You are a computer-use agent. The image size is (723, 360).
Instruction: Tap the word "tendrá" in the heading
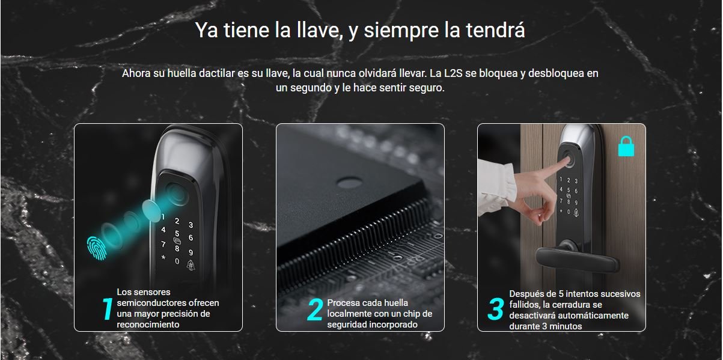point(495,30)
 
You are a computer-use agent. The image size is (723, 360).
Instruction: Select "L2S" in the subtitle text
point(453,73)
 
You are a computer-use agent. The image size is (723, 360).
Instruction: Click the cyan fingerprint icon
point(97,248)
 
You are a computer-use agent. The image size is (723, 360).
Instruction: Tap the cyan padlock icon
point(626,146)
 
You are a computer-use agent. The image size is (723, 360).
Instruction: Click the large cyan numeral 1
point(107,309)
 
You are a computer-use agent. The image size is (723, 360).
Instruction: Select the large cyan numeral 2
point(315,310)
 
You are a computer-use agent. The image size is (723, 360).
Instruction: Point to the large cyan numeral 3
point(495,309)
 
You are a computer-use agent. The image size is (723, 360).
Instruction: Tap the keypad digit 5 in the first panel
point(177,233)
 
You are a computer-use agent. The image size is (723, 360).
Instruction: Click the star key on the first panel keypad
point(163,258)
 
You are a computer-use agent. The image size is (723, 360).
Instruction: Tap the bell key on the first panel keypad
point(191,266)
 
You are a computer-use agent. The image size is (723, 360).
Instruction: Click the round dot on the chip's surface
point(350,183)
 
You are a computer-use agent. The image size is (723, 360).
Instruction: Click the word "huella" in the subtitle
point(182,73)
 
